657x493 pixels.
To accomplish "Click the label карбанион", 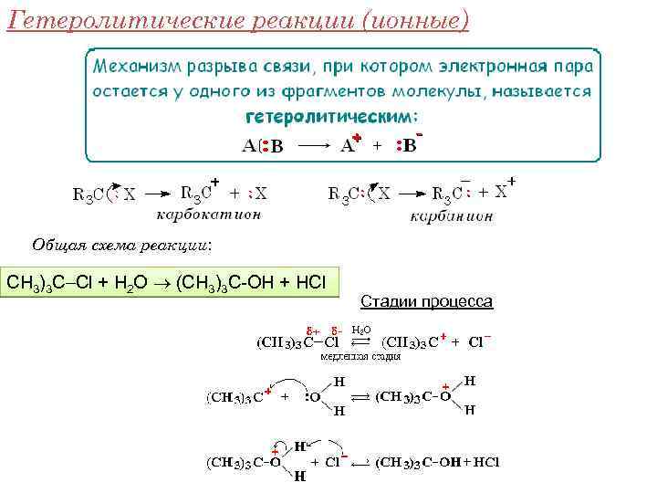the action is coord(452,216).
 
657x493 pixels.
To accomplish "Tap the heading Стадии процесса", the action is coord(427,301).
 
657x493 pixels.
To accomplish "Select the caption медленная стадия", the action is coord(360,357).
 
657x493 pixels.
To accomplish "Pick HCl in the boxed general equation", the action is coord(309,282).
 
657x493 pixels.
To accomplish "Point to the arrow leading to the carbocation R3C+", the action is coord(156,194).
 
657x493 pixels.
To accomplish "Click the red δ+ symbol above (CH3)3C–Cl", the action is coord(310,330).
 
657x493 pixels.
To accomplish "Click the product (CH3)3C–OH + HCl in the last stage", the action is coord(438,463).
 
